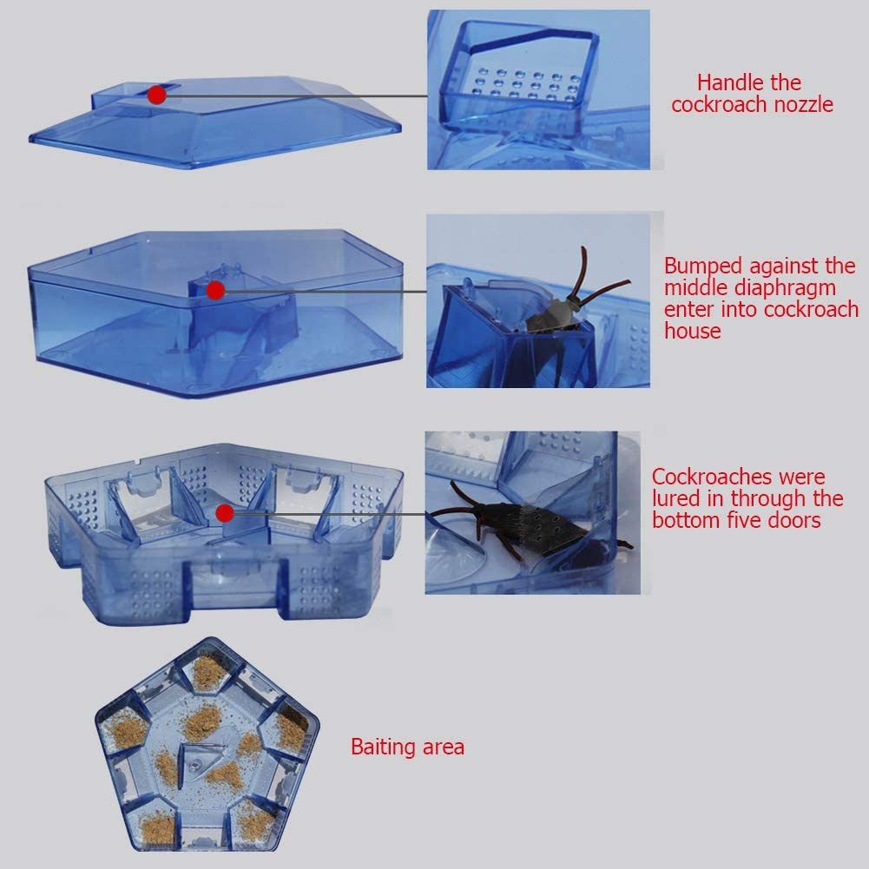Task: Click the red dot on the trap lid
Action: [156, 95]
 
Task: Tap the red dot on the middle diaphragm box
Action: [215, 290]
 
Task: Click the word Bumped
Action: [703, 266]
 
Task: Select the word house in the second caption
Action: [692, 331]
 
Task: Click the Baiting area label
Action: [407, 747]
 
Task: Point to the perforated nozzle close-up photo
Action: [538, 89]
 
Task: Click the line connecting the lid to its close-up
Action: [295, 95]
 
